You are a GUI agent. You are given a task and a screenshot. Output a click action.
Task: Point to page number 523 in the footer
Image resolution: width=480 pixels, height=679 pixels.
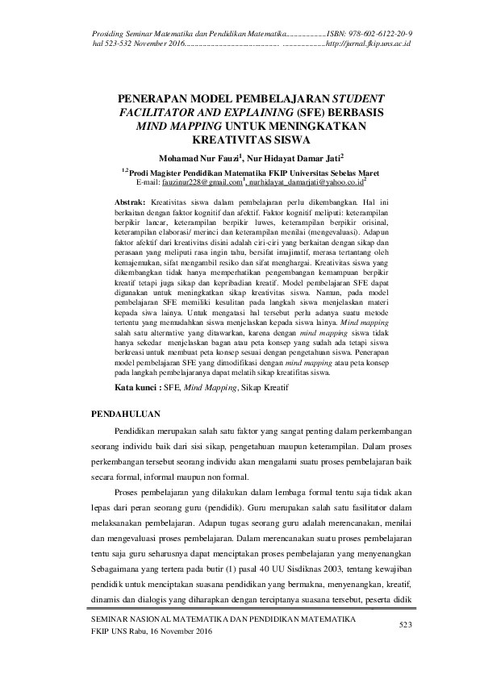pos(406,624)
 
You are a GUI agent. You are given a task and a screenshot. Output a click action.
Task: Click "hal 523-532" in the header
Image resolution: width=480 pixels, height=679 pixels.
pos(113,43)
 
